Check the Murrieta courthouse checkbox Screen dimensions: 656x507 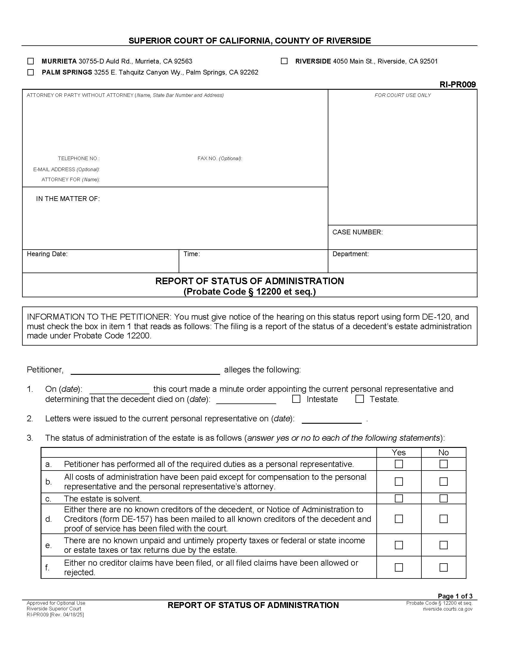click(x=30, y=61)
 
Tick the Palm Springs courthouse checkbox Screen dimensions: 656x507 click(x=30, y=72)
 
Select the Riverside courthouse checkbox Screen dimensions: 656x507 click(x=284, y=61)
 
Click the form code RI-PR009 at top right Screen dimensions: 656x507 click(x=457, y=85)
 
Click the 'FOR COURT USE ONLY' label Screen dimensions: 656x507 click(x=403, y=95)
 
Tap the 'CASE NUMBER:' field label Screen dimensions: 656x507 click(x=357, y=232)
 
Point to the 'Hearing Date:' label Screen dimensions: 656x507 click(x=47, y=254)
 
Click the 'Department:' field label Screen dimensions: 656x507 click(x=350, y=254)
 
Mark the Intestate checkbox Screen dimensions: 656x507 click(x=296, y=399)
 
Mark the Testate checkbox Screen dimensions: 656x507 click(x=360, y=399)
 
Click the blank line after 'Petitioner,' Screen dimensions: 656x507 click(x=145, y=370)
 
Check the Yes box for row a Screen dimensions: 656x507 click(x=398, y=464)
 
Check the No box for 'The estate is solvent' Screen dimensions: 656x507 click(x=443, y=499)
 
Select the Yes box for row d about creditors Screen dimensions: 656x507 click(x=398, y=519)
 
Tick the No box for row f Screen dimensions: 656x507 click(x=443, y=567)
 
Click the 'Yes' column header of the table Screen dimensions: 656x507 click(x=398, y=453)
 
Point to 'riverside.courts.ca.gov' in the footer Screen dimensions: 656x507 click(x=448, y=609)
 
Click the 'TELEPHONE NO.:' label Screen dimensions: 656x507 click(x=79, y=159)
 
